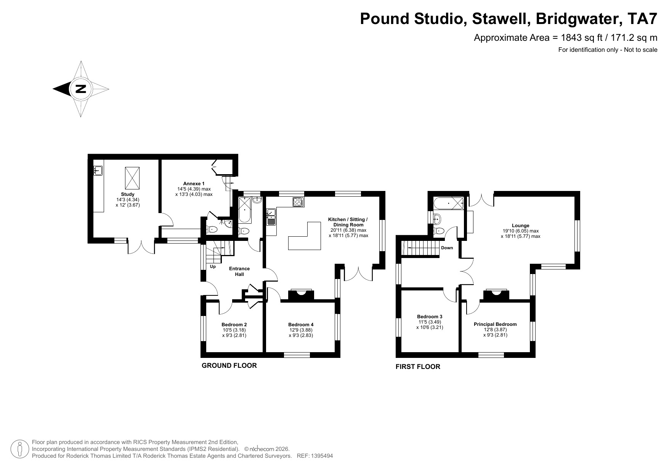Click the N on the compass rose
pyautogui.click(x=80, y=89)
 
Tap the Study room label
pyautogui.click(x=128, y=194)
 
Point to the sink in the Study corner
pyautogui.click(x=98, y=171)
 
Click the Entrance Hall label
pyautogui.click(x=239, y=271)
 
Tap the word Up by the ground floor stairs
pyautogui.click(x=213, y=267)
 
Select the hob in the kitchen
pyautogui.click(x=298, y=202)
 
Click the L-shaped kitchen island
pyautogui.click(x=305, y=240)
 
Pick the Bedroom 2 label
pyautogui.click(x=234, y=325)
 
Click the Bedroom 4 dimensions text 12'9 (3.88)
pyautogui.click(x=301, y=330)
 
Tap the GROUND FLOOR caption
pyautogui.click(x=229, y=366)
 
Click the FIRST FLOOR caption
pyautogui.click(x=418, y=367)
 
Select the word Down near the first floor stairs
pyautogui.click(x=447, y=248)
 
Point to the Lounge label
pyautogui.click(x=521, y=226)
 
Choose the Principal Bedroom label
pyautogui.click(x=495, y=324)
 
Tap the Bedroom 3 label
pyautogui.click(x=430, y=317)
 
